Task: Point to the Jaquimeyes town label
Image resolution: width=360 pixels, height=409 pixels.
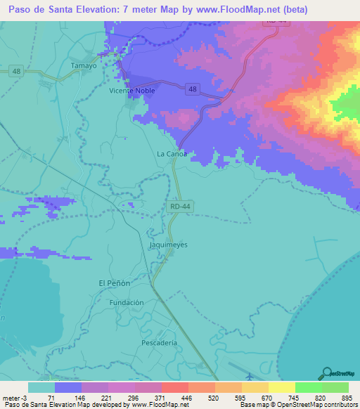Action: point(169,245)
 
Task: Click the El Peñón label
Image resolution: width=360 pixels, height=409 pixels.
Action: point(114,283)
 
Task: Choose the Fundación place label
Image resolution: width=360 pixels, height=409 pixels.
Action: point(127,302)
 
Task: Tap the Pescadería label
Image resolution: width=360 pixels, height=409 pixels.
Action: point(158,342)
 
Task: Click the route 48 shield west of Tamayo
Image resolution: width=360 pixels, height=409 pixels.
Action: point(17,71)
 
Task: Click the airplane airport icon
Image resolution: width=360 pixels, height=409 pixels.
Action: point(250,375)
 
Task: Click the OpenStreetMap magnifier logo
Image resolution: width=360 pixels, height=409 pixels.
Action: point(326,373)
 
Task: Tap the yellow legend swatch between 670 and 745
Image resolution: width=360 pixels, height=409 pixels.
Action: point(281,387)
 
